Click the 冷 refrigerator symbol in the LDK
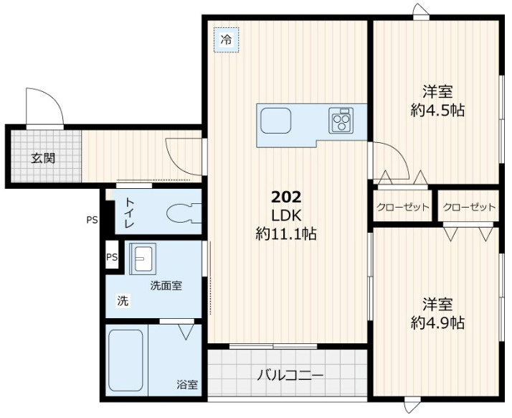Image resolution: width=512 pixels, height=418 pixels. point(226,40)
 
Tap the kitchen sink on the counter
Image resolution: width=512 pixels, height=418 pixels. point(274,121)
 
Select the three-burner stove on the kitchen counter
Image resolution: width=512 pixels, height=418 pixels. point(341,120)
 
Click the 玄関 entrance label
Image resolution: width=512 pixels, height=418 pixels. point(42,159)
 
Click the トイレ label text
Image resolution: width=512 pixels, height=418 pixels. point(130,213)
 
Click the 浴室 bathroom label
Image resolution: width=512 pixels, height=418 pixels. point(187,385)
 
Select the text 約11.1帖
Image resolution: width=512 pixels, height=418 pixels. point(286,233)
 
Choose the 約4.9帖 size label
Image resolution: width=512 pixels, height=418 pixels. point(437,322)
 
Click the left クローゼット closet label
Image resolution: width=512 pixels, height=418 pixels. point(403,208)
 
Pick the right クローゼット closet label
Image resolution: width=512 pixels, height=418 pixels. point(469,208)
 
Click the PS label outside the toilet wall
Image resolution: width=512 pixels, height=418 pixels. point(91,220)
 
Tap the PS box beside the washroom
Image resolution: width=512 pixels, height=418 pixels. point(112,257)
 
